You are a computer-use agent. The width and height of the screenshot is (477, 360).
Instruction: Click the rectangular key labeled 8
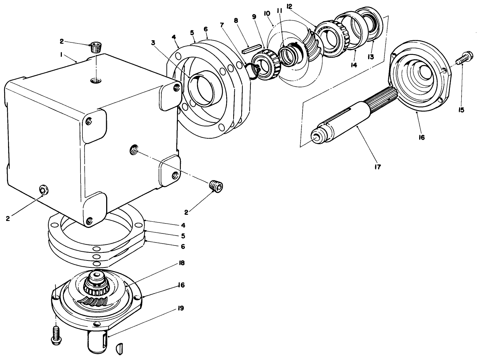pyautogui.click(x=251, y=48)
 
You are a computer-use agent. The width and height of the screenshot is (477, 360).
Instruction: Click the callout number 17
pyautogui.click(x=377, y=167)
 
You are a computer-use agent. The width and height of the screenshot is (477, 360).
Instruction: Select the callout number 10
pyautogui.click(x=267, y=14)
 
